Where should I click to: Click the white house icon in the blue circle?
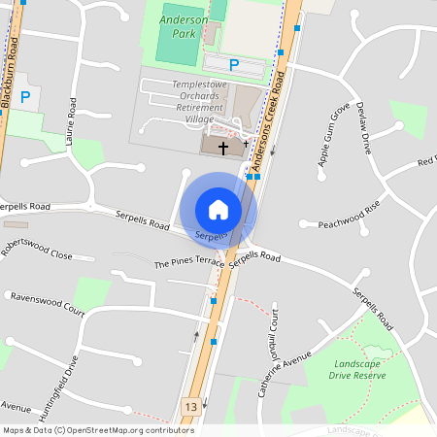tap(218, 209)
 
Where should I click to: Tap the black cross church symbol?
tap(224, 149)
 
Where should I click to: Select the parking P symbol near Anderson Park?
tap(233, 65)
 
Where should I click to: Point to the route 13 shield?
tap(191, 406)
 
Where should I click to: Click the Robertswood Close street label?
tap(37, 249)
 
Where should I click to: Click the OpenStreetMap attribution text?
tap(98, 430)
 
